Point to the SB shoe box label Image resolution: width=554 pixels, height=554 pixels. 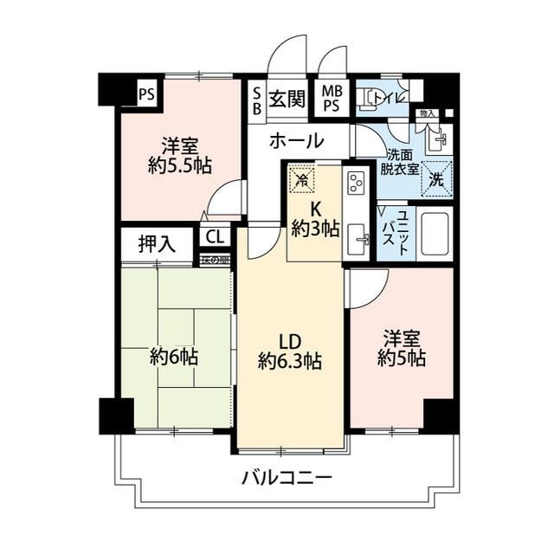pos(257,98)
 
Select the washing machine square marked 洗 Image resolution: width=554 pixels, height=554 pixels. pos(437,180)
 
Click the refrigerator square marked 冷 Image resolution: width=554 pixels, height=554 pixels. pos(301,179)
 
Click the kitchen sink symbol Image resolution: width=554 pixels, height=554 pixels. pos(357,237)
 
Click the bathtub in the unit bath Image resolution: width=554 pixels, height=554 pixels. pos(436,231)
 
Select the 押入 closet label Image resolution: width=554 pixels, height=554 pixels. pos(158,244)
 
